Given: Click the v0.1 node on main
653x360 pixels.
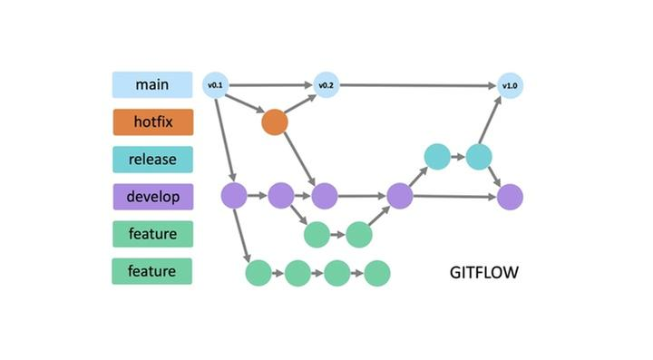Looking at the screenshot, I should click(215, 86).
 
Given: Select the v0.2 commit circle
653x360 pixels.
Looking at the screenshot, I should click(326, 86).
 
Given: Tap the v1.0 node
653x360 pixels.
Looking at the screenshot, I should click(510, 86).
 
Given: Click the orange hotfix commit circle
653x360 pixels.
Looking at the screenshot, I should click(274, 122).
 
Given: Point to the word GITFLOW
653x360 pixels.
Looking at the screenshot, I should click(485, 272).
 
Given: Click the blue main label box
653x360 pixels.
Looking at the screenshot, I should click(152, 85).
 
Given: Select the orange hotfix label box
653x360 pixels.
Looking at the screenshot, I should click(152, 122).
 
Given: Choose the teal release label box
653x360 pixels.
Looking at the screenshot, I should click(152, 160).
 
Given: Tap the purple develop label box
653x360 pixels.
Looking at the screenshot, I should click(152, 196).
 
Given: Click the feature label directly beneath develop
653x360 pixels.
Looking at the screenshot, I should click(152, 234).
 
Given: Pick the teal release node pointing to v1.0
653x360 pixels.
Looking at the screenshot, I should click(479, 156).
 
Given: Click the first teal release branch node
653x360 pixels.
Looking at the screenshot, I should click(437, 156).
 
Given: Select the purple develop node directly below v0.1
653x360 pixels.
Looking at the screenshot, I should click(234, 195).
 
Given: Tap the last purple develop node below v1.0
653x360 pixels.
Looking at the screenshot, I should click(510, 196).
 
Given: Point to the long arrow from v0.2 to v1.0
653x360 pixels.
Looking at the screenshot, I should click(417, 86).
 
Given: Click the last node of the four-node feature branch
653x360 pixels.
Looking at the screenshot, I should click(376, 272).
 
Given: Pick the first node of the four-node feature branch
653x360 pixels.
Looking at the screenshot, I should click(258, 272).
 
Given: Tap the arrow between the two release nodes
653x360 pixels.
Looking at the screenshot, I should click(458, 156).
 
